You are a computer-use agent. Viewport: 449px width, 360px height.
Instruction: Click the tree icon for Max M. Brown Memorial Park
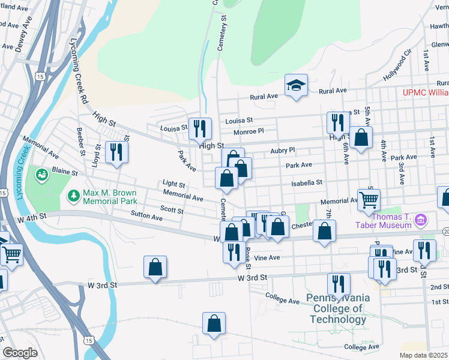73,196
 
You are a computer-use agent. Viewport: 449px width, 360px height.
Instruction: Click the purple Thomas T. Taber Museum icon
420,220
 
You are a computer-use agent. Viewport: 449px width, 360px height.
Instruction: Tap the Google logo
20,353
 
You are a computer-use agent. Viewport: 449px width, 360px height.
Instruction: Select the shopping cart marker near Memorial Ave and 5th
369,200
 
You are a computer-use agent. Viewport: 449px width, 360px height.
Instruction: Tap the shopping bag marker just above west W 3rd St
155,268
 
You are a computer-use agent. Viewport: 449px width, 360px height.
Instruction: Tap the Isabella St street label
307,182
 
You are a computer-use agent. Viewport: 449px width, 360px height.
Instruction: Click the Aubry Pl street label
283,151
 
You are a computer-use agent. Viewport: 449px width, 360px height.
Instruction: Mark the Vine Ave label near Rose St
267,257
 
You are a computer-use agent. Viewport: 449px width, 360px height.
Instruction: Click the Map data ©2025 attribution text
423,355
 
